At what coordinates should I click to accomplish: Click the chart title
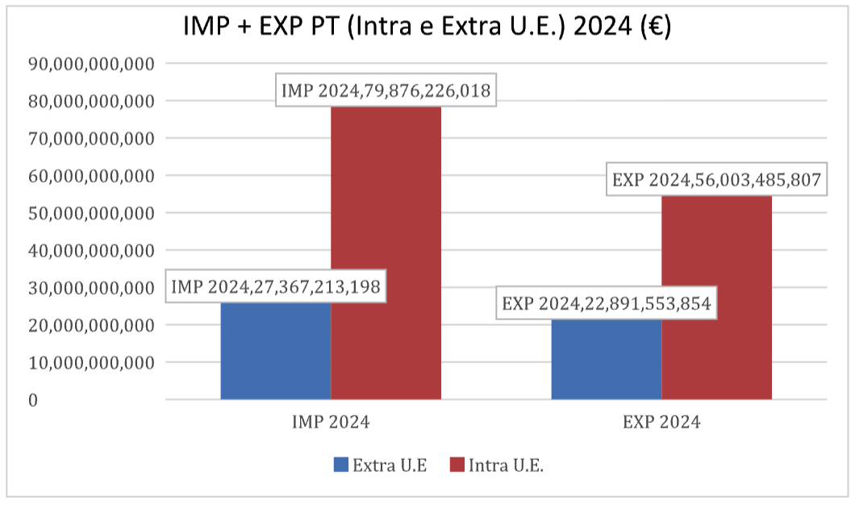pyautogui.click(x=427, y=26)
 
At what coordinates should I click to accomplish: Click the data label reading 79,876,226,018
pyautogui.click(x=386, y=90)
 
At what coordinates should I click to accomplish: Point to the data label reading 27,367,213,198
pyautogui.click(x=275, y=286)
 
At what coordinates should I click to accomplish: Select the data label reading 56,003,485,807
pyautogui.click(x=716, y=180)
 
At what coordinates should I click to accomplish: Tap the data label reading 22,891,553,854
pyautogui.click(x=606, y=305)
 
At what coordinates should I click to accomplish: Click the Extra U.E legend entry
pyautogui.click(x=380, y=465)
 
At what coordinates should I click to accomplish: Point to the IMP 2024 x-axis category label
pyautogui.click(x=331, y=422)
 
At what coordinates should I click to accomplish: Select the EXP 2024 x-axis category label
pyautogui.click(x=661, y=422)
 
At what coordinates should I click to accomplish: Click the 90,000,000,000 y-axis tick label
pyautogui.click(x=90, y=64)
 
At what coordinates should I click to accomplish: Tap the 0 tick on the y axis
pyautogui.click(x=32, y=400)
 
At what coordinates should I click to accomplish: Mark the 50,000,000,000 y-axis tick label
pyautogui.click(x=90, y=214)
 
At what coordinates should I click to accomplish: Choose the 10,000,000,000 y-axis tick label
pyautogui.click(x=90, y=363)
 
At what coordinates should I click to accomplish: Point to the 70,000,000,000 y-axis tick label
pyautogui.click(x=90, y=139)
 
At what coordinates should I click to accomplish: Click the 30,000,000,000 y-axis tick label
pyautogui.click(x=90, y=288)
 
